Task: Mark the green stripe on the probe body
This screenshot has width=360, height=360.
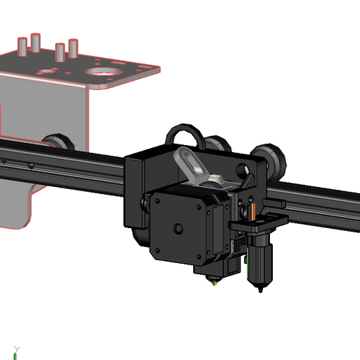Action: pos(246,262)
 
